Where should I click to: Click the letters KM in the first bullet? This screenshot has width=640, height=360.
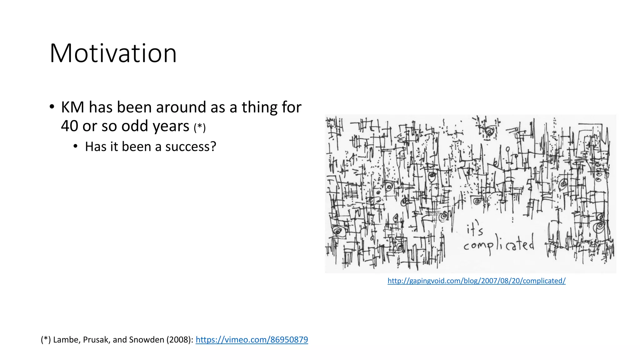point(72,107)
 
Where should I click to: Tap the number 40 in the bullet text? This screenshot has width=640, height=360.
point(69,126)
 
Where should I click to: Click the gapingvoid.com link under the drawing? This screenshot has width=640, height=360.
point(476,281)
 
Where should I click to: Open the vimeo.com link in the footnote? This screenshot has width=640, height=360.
point(252,340)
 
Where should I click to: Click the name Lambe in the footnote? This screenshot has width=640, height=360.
point(66,340)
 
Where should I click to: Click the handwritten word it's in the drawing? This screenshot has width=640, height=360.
point(475,230)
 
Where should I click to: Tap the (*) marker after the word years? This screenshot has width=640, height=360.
point(199,127)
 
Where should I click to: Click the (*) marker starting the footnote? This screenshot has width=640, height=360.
point(46,340)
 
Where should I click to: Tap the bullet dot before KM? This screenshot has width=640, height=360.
point(52,107)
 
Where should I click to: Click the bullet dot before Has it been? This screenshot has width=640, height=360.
point(75,146)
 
